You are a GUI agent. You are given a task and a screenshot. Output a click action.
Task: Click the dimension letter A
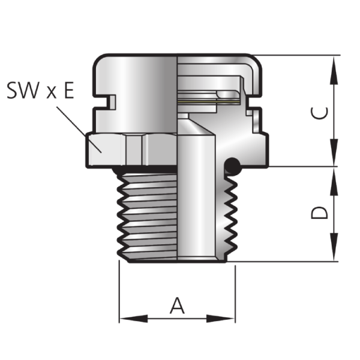pos(177,305)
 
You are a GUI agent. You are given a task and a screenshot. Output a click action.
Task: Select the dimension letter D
pos(319,213)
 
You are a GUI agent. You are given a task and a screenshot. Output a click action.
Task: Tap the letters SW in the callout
pos(23,90)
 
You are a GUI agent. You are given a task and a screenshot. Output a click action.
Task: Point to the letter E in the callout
pos(69,90)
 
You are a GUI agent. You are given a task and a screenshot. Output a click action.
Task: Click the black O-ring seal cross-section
pos(232,166)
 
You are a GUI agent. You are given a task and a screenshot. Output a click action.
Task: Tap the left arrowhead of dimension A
pos(134,319)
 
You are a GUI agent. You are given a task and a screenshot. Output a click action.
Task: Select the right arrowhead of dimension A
pos(220,319)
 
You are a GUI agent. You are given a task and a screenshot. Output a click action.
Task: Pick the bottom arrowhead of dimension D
pos(334,247)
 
